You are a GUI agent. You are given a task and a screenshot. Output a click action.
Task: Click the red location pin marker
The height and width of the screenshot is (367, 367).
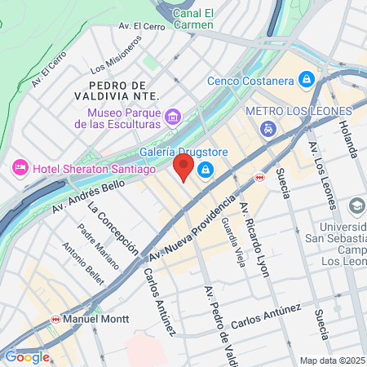pyautogui.click(x=183, y=168)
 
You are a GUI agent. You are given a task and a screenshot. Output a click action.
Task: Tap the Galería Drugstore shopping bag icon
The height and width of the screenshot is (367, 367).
pyautogui.click(x=206, y=170)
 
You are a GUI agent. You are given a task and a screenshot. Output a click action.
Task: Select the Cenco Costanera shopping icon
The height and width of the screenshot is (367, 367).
pyautogui.click(x=306, y=80)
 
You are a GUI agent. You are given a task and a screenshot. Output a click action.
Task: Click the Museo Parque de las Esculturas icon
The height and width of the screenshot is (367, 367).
pyautogui.click(x=172, y=117)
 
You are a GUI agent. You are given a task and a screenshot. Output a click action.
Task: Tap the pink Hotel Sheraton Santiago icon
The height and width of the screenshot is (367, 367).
pyautogui.click(x=20, y=168)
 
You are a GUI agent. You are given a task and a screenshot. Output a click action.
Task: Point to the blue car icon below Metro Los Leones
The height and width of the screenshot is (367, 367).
pyautogui.click(x=268, y=129)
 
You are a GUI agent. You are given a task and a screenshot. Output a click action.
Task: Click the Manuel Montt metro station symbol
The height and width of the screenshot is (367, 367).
pyautogui.click(x=56, y=319)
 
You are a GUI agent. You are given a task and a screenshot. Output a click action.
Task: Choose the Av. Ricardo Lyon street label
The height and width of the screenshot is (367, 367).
pyautogui.click(x=254, y=237)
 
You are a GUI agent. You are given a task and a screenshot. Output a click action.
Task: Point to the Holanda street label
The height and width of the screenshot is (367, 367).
pyautogui.click(x=349, y=138)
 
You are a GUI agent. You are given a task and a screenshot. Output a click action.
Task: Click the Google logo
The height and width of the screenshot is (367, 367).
pyautogui.click(x=27, y=356)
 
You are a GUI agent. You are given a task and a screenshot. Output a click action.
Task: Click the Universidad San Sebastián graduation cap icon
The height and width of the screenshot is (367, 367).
pyautogui.click(x=356, y=206)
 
